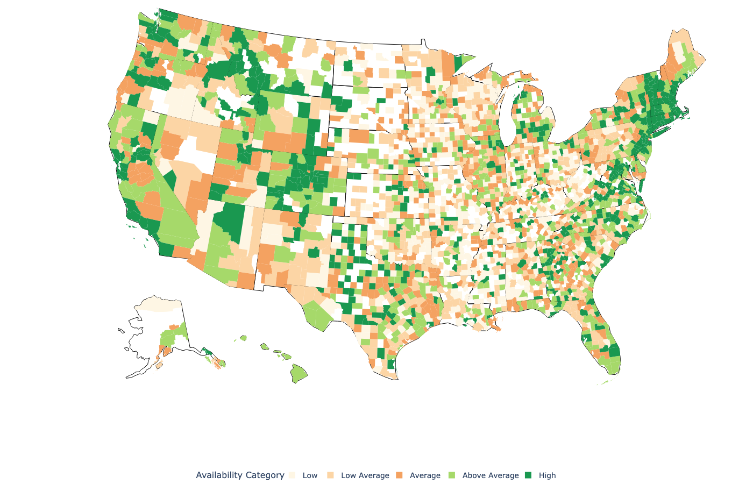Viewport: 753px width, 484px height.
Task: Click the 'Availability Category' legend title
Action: tap(240, 475)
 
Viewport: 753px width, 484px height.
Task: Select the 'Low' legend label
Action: tap(310, 475)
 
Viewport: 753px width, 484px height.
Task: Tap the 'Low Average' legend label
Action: tap(365, 475)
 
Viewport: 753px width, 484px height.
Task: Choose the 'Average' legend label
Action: tap(424, 475)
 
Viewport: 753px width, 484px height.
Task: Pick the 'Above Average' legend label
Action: tap(490, 475)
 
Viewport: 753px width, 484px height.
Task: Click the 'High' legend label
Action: tap(547, 475)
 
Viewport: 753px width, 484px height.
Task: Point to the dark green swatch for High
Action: tap(528, 475)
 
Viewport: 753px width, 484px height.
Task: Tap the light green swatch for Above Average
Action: tap(452, 475)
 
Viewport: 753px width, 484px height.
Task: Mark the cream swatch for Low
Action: tap(292, 475)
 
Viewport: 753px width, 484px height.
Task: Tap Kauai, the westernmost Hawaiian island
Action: tap(243, 338)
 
